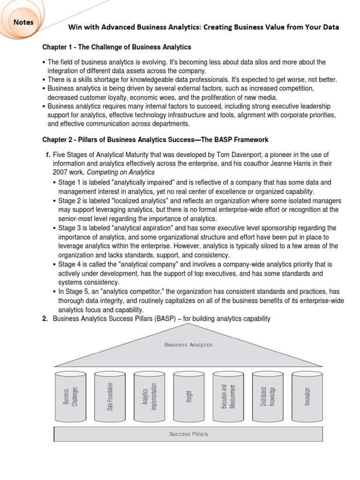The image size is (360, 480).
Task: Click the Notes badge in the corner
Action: point(23,22)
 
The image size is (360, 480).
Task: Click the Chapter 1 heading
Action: point(117,47)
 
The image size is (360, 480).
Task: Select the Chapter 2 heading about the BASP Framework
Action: point(155,140)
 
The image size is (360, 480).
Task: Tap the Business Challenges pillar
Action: point(70,396)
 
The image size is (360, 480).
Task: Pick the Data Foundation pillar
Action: point(110,396)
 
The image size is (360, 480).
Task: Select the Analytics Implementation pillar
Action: point(149,396)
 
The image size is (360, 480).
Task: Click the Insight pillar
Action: point(188,396)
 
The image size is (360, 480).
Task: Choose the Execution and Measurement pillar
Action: point(228,396)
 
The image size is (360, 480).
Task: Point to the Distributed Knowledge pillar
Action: point(267,396)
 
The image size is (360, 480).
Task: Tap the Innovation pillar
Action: point(307,396)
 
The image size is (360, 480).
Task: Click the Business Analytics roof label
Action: point(188,345)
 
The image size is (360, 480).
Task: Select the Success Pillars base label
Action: point(188,434)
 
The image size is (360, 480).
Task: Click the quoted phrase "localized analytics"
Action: point(132,200)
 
